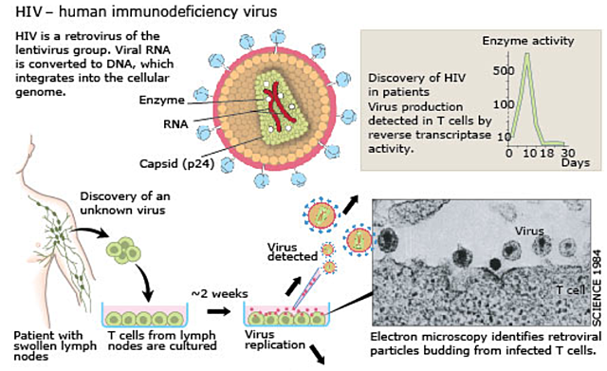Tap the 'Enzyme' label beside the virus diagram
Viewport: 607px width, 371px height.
point(164,99)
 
